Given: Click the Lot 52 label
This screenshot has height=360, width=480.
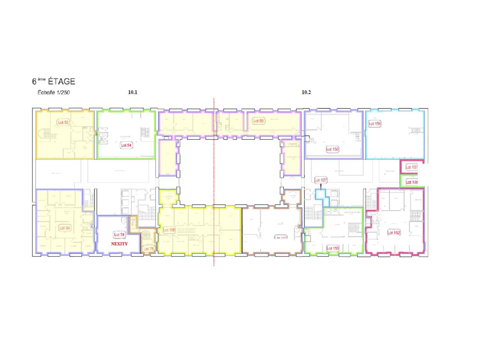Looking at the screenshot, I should (63, 122).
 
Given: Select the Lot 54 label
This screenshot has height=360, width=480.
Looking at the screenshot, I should (126, 145).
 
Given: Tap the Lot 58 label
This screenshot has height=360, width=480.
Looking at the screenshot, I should (259, 121).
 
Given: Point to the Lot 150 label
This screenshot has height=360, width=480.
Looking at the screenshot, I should (332, 149).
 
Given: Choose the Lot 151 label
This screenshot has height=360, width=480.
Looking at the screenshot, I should (375, 123).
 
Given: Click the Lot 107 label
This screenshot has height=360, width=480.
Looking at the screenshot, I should (411, 167).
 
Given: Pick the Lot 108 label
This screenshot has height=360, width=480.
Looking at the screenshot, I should (411, 182).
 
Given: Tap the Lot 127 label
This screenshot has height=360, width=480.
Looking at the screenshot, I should (321, 180).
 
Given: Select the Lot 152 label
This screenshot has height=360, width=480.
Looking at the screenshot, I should (394, 233).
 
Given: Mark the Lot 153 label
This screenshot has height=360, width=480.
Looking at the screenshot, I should (333, 248).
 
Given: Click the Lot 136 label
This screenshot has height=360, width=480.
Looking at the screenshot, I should (169, 230).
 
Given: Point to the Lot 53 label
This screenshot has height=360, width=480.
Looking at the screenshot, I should (65, 228).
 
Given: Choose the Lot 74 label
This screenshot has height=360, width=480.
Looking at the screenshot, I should (119, 235).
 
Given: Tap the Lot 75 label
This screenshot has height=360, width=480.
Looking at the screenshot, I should (148, 249).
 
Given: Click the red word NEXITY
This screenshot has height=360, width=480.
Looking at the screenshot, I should (119, 244).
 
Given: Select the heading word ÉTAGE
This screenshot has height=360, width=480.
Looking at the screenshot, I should (61, 81).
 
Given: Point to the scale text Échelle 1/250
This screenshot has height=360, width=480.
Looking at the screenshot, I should (51, 93).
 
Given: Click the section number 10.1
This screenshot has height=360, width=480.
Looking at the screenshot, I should (133, 92).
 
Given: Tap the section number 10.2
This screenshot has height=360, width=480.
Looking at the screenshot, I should (306, 92).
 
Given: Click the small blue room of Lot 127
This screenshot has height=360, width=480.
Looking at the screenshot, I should (320, 194).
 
